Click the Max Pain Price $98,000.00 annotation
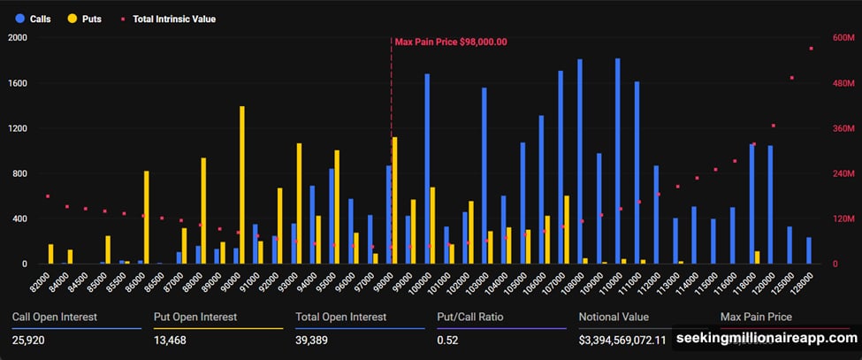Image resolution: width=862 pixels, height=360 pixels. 450,42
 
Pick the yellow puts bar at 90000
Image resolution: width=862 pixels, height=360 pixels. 241,186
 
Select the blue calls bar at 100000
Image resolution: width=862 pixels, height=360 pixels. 427,168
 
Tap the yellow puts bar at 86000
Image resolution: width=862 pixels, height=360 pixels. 147,218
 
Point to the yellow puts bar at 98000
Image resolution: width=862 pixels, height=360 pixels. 394,200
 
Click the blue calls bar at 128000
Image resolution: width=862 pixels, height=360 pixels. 809,250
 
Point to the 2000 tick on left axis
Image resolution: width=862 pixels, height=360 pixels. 18,38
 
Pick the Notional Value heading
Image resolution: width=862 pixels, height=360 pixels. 614,317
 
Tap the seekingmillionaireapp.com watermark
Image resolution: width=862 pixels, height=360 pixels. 766,338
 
